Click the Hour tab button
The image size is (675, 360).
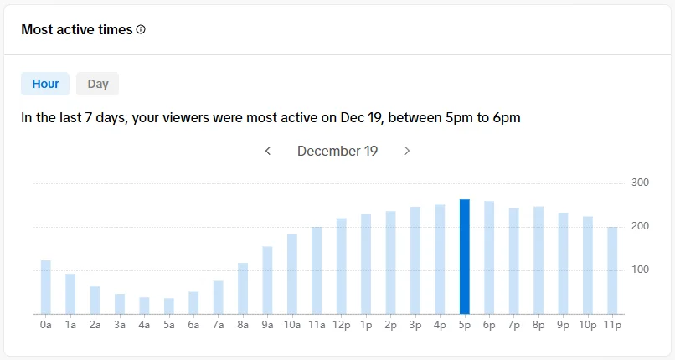(x=45, y=84)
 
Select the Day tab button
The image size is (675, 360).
(x=98, y=84)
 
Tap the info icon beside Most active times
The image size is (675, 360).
(x=141, y=29)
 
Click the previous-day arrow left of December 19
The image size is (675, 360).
(x=268, y=151)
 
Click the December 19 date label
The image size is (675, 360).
(x=337, y=151)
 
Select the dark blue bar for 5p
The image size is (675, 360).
(x=465, y=257)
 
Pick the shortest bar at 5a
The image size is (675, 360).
(x=169, y=306)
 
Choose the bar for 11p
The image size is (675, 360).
(x=612, y=270)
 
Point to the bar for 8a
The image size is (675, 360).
(x=243, y=288)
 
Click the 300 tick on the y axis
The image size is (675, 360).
(x=640, y=183)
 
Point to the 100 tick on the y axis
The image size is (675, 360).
(x=640, y=270)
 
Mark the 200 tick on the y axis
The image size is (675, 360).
(x=640, y=226)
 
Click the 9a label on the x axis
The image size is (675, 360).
(x=267, y=323)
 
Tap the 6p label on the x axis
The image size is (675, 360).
(x=489, y=323)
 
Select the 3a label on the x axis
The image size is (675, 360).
(x=120, y=323)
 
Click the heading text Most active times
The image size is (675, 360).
(x=77, y=29)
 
